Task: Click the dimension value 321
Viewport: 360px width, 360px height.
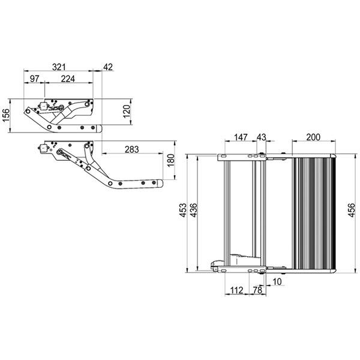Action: [x=58, y=67]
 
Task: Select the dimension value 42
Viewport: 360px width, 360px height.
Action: [x=108, y=67]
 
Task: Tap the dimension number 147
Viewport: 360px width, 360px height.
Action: [x=241, y=138]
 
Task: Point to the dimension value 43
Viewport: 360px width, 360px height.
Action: [x=262, y=138]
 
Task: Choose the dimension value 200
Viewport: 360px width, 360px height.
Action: [x=313, y=138]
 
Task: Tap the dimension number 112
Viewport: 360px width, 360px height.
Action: [x=236, y=291]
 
